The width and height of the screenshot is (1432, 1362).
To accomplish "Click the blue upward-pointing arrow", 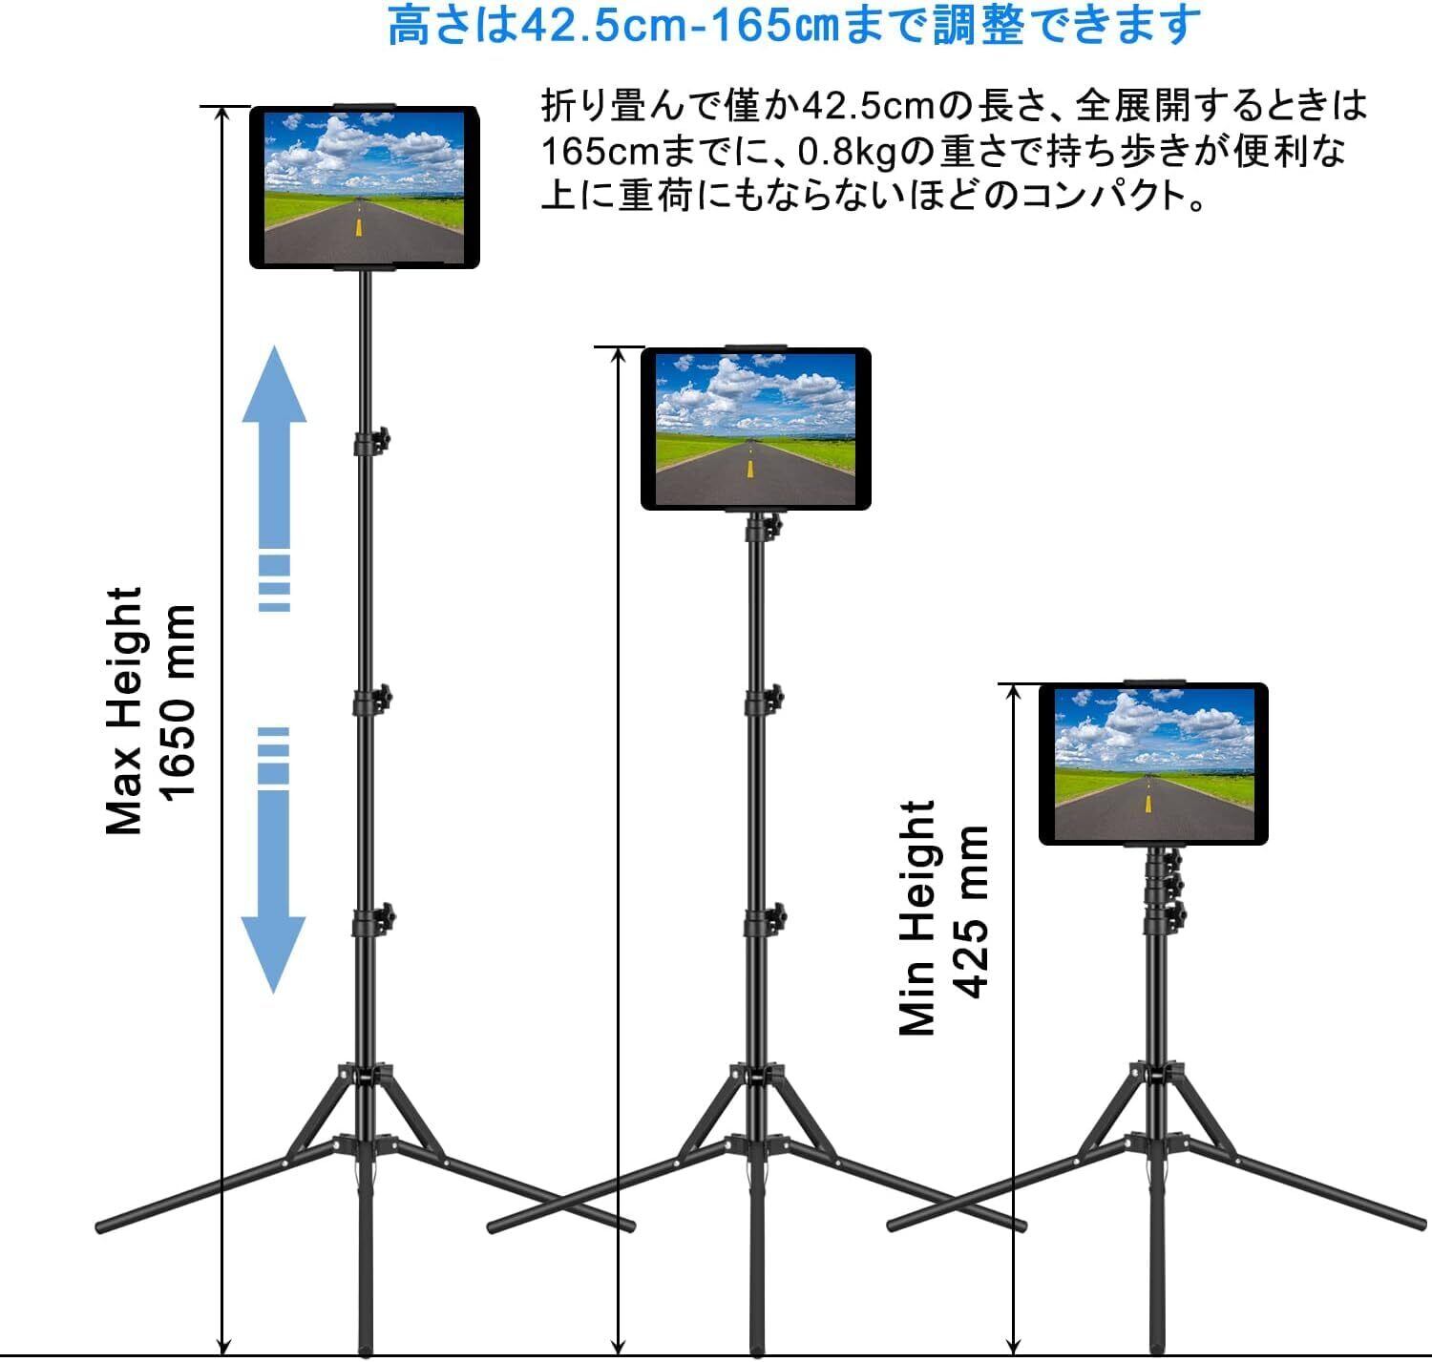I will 275,410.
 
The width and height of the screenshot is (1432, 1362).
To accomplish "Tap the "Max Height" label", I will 124,711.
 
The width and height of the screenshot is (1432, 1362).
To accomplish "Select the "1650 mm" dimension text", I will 178,702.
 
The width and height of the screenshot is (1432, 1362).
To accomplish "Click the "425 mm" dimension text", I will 971,911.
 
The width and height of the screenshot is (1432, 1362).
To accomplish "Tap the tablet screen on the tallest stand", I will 364,187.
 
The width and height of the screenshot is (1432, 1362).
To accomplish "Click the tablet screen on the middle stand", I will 755,429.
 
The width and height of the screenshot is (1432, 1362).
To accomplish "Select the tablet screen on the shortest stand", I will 1153,764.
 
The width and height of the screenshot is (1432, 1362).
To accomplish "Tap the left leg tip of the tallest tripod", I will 103,1225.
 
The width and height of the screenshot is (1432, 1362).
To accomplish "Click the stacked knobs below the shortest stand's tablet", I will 1167,888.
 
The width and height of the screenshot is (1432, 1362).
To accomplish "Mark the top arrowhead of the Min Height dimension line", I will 1014,690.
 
